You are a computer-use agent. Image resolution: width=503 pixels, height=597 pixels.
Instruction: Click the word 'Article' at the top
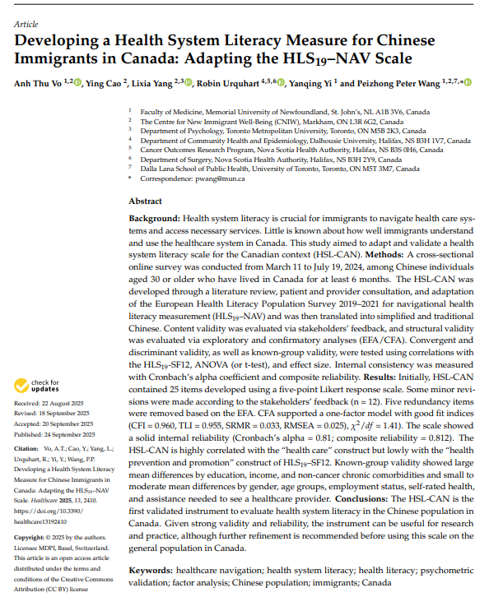point(26,25)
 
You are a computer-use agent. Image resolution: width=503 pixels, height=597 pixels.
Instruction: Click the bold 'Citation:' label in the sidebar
point(29,449)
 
